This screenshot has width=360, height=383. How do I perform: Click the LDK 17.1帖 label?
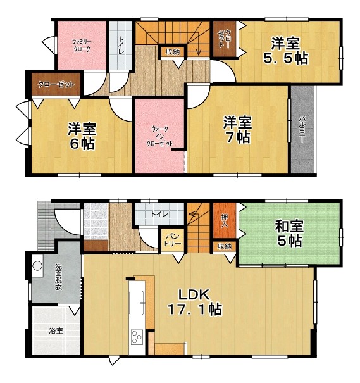tap(194, 302)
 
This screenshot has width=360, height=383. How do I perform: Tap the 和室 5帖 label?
tap(290, 233)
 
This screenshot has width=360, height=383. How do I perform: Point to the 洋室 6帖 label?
tap(82, 136)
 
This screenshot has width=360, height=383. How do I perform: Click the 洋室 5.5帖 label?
tap(285, 51)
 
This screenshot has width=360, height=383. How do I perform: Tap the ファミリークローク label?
tap(82, 46)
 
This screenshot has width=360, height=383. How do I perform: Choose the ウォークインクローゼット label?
tap(159, 136)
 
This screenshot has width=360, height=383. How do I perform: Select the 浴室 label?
tap(56, 331)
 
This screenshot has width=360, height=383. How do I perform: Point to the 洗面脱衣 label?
tap(58, 277)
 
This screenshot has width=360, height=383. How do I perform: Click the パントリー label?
tap(174, 240)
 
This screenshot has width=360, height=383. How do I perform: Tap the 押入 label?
tap(225, 220)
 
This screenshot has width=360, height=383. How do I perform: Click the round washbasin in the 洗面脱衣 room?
tap(37, 266)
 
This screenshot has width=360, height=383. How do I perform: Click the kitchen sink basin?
tap(137, 303)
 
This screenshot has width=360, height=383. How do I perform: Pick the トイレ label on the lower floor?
tap(159, 214)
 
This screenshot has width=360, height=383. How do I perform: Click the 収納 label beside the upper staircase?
tap(173, 52)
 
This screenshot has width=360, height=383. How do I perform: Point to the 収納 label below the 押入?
tap(225, 246)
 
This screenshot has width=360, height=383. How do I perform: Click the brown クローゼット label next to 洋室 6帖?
tap(56, 85)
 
